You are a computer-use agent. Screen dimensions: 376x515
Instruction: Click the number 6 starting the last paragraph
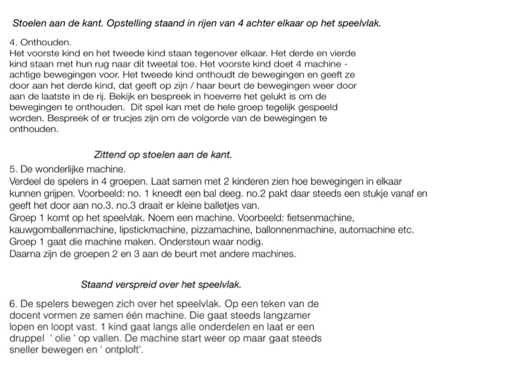pyautogui.click(x=13, y=304)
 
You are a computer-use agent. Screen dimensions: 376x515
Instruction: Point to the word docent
pyautogui.click(x=27, y=315)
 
